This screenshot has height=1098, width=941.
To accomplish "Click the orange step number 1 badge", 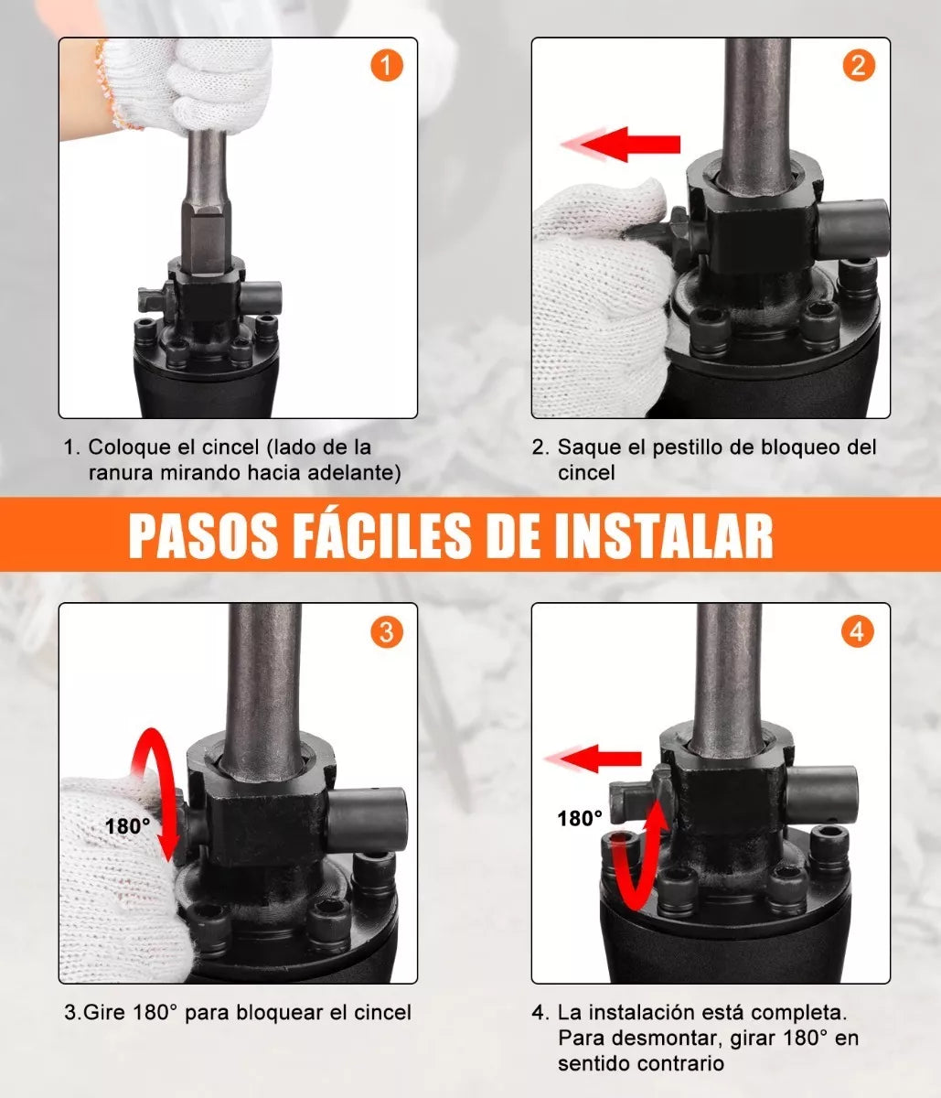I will click(x=387, y=66).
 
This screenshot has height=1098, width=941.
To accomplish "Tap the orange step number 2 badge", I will click(x=858, y=66).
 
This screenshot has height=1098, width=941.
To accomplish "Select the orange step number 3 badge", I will click(x=387, y=631).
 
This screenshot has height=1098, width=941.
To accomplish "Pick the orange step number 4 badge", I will click(x=858, y=631).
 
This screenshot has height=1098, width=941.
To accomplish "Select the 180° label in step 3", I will click(x=128, y=826).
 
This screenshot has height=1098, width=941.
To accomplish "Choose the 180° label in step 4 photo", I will click(x=580, y=819).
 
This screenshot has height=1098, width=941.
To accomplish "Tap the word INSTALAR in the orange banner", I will click(x=664, y=536).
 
